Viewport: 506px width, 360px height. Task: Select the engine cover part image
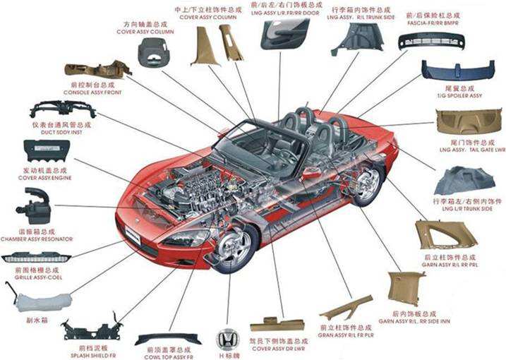click(x=47, y=151)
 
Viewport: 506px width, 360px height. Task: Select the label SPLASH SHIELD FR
click(x=88, y=348)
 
